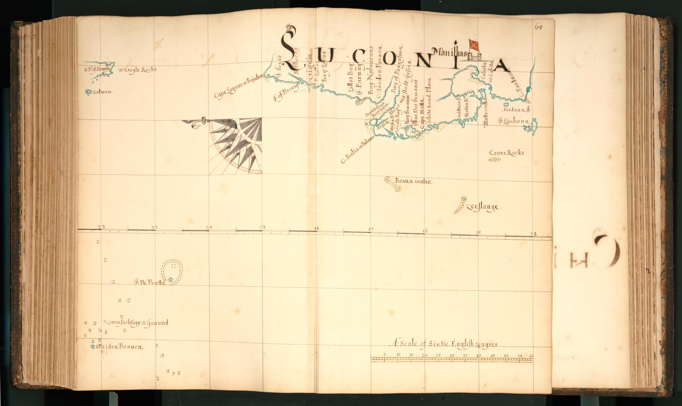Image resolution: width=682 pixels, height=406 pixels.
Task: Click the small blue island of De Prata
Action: (x=170, y=279)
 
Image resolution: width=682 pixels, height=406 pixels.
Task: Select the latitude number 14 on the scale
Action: (x=533, y=234)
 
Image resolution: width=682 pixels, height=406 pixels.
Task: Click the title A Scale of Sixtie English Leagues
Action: (x=444, y=344)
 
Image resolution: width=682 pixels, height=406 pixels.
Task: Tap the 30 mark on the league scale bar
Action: (x=452, y=356)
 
